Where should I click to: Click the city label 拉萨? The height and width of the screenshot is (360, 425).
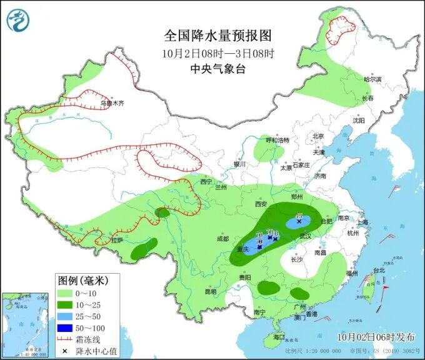tap(117, 240)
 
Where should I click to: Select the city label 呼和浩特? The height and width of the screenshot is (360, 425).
tap(277, 141)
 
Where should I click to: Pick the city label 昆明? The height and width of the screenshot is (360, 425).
tap(209, 292)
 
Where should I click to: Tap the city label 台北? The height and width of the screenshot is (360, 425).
tap(379, 271)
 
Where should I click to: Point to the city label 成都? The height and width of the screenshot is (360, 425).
tap(222, 239)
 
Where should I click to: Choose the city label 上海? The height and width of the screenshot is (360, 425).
tap(362, 222)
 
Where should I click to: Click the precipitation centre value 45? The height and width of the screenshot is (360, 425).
tap(299, 216)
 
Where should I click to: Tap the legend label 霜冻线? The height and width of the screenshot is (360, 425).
tap(87, 339)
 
